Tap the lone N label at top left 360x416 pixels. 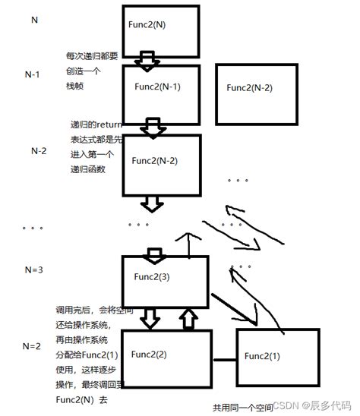[x=34, y=17]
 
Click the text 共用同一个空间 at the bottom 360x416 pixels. [x=243, y=408]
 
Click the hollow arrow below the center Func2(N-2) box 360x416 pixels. [x=153, y=203]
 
